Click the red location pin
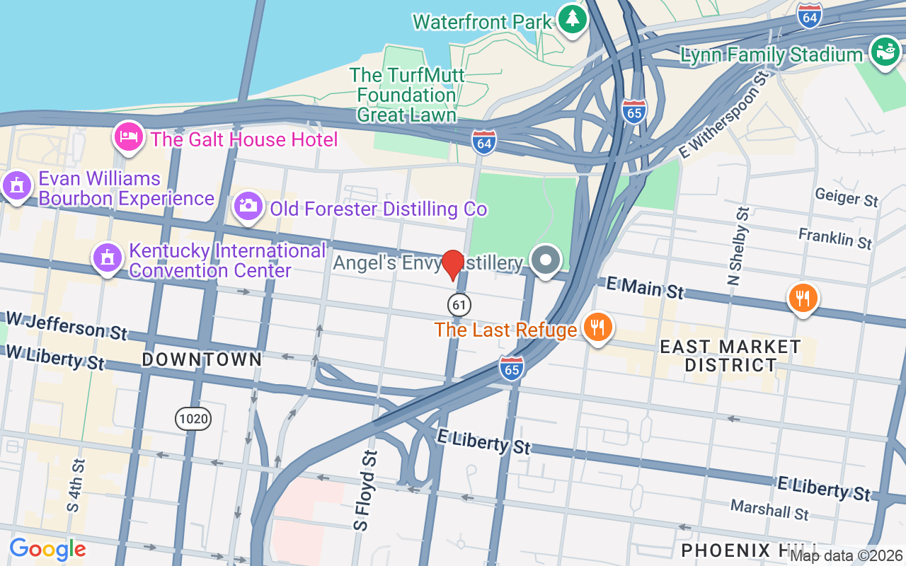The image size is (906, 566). [452, 265]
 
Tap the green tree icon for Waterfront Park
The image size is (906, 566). [571, 19]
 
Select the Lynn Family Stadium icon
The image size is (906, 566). [883, 52]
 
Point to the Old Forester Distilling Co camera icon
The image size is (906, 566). [248, 207]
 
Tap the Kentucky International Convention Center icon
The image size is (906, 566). [108, 258]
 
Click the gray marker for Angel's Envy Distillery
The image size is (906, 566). [545, 260]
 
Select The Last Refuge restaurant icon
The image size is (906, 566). [597, 327]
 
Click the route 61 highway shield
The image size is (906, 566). [459, 305]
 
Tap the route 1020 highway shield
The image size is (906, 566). [193, 419]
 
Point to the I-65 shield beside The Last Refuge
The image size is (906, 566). [511, 368]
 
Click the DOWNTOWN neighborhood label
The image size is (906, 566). [202, 359]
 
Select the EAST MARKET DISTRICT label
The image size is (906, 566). [730, 356]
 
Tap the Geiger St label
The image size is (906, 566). [846, 197]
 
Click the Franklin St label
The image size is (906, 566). [835, 238]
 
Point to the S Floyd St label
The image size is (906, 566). [365, 490]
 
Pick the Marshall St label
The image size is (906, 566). [769, 509]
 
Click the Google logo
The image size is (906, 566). [47, 549]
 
